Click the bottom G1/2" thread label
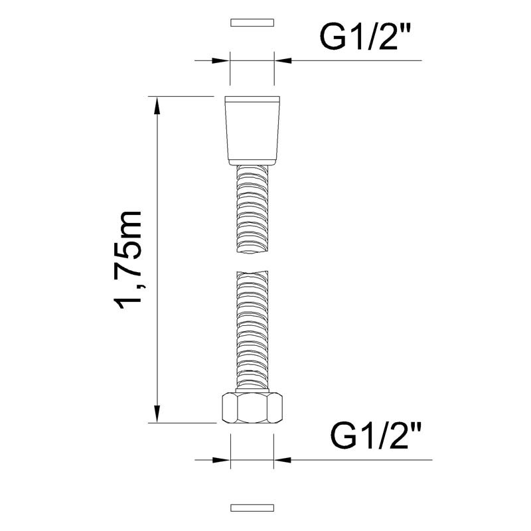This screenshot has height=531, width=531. (376, 437)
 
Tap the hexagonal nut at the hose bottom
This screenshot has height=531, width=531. (252, 408)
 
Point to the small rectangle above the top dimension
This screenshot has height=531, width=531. (252, 23)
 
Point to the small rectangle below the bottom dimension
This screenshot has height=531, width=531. (252, 508)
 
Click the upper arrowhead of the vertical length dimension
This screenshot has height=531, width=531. (157, 106)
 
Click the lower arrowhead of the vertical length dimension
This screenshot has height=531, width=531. (157, 414)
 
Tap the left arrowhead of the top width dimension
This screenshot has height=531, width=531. (221, 60)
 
